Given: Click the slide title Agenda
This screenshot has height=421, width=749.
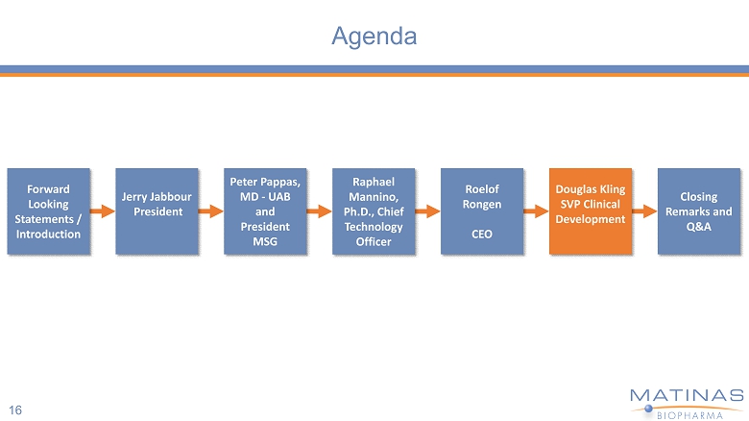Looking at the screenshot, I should pos(374,37).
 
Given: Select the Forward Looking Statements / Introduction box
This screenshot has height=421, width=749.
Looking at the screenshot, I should pos(48,211).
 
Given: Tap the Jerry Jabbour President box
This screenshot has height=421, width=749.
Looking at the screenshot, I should pos(157,211).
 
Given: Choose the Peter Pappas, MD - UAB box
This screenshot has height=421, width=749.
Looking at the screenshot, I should pos(265,211).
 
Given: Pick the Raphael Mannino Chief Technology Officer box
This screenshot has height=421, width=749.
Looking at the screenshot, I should pos(374,211).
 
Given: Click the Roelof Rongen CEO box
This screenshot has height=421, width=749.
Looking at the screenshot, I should pos(482,211).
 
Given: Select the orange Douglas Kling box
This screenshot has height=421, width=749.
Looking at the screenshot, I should pos(591,211).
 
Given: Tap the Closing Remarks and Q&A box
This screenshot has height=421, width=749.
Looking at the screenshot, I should pos(699,211).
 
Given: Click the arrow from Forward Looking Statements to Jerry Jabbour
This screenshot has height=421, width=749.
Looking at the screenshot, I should pos(103,211).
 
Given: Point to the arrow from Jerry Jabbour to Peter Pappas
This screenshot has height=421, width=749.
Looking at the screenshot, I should pos(211,211).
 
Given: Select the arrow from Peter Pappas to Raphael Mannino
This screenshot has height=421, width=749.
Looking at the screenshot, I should pos(320,211).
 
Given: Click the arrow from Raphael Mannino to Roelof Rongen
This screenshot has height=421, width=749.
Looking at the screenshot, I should pos(428,211).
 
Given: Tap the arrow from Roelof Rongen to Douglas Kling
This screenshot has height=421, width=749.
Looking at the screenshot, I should pos(537,211).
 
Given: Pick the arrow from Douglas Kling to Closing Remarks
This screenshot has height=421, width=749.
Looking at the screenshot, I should pos(645,211).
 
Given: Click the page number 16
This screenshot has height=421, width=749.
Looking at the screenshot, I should pos(16,409).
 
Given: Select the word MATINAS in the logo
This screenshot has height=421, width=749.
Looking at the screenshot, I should pos(686,395).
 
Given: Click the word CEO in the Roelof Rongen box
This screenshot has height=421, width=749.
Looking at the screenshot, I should pos(482,234).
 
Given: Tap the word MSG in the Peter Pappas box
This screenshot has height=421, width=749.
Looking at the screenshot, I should pos(265,241).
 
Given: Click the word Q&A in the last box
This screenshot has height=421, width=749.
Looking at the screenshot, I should pos(699,226).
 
